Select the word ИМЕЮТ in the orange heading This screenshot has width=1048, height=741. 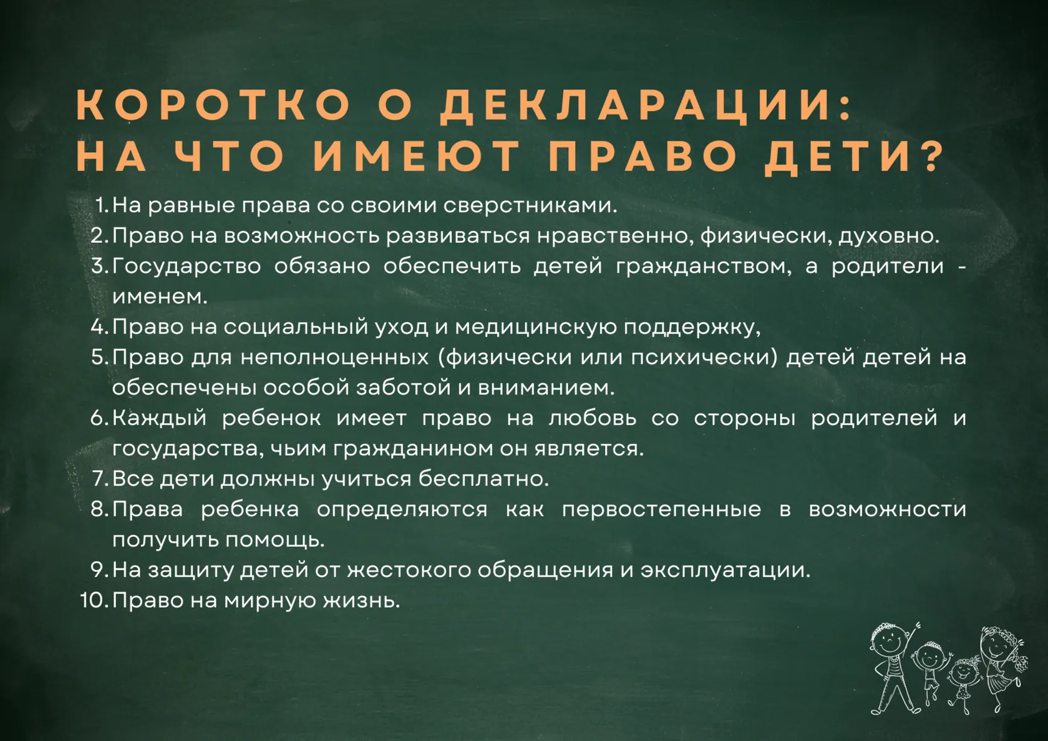(417, 155)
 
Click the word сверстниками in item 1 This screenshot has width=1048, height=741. (530, 205)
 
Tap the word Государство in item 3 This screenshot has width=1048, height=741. (187, 267)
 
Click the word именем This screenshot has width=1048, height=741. (160, 297)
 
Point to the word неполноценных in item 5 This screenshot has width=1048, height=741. (334, 358)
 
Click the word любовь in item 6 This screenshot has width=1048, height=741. (593, 418)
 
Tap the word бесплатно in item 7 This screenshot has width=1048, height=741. (484, 479)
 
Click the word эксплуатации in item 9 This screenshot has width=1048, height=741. (725, 571)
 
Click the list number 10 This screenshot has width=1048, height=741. (94, 601)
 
